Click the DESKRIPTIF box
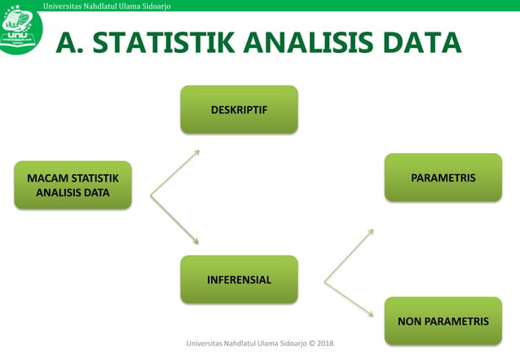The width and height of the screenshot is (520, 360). click(x=239, y=109)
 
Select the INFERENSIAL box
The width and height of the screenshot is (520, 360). click(x=239, y=279)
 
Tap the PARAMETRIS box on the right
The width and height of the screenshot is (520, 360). click(x=443, y=177)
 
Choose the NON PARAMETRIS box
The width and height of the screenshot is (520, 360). click(x=443, y=321)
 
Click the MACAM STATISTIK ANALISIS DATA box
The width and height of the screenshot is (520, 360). click(x=73, y=185)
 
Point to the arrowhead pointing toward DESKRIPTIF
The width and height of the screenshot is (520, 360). click(x=196, y=152)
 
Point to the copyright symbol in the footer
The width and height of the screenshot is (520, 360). click(x=316, y=345)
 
